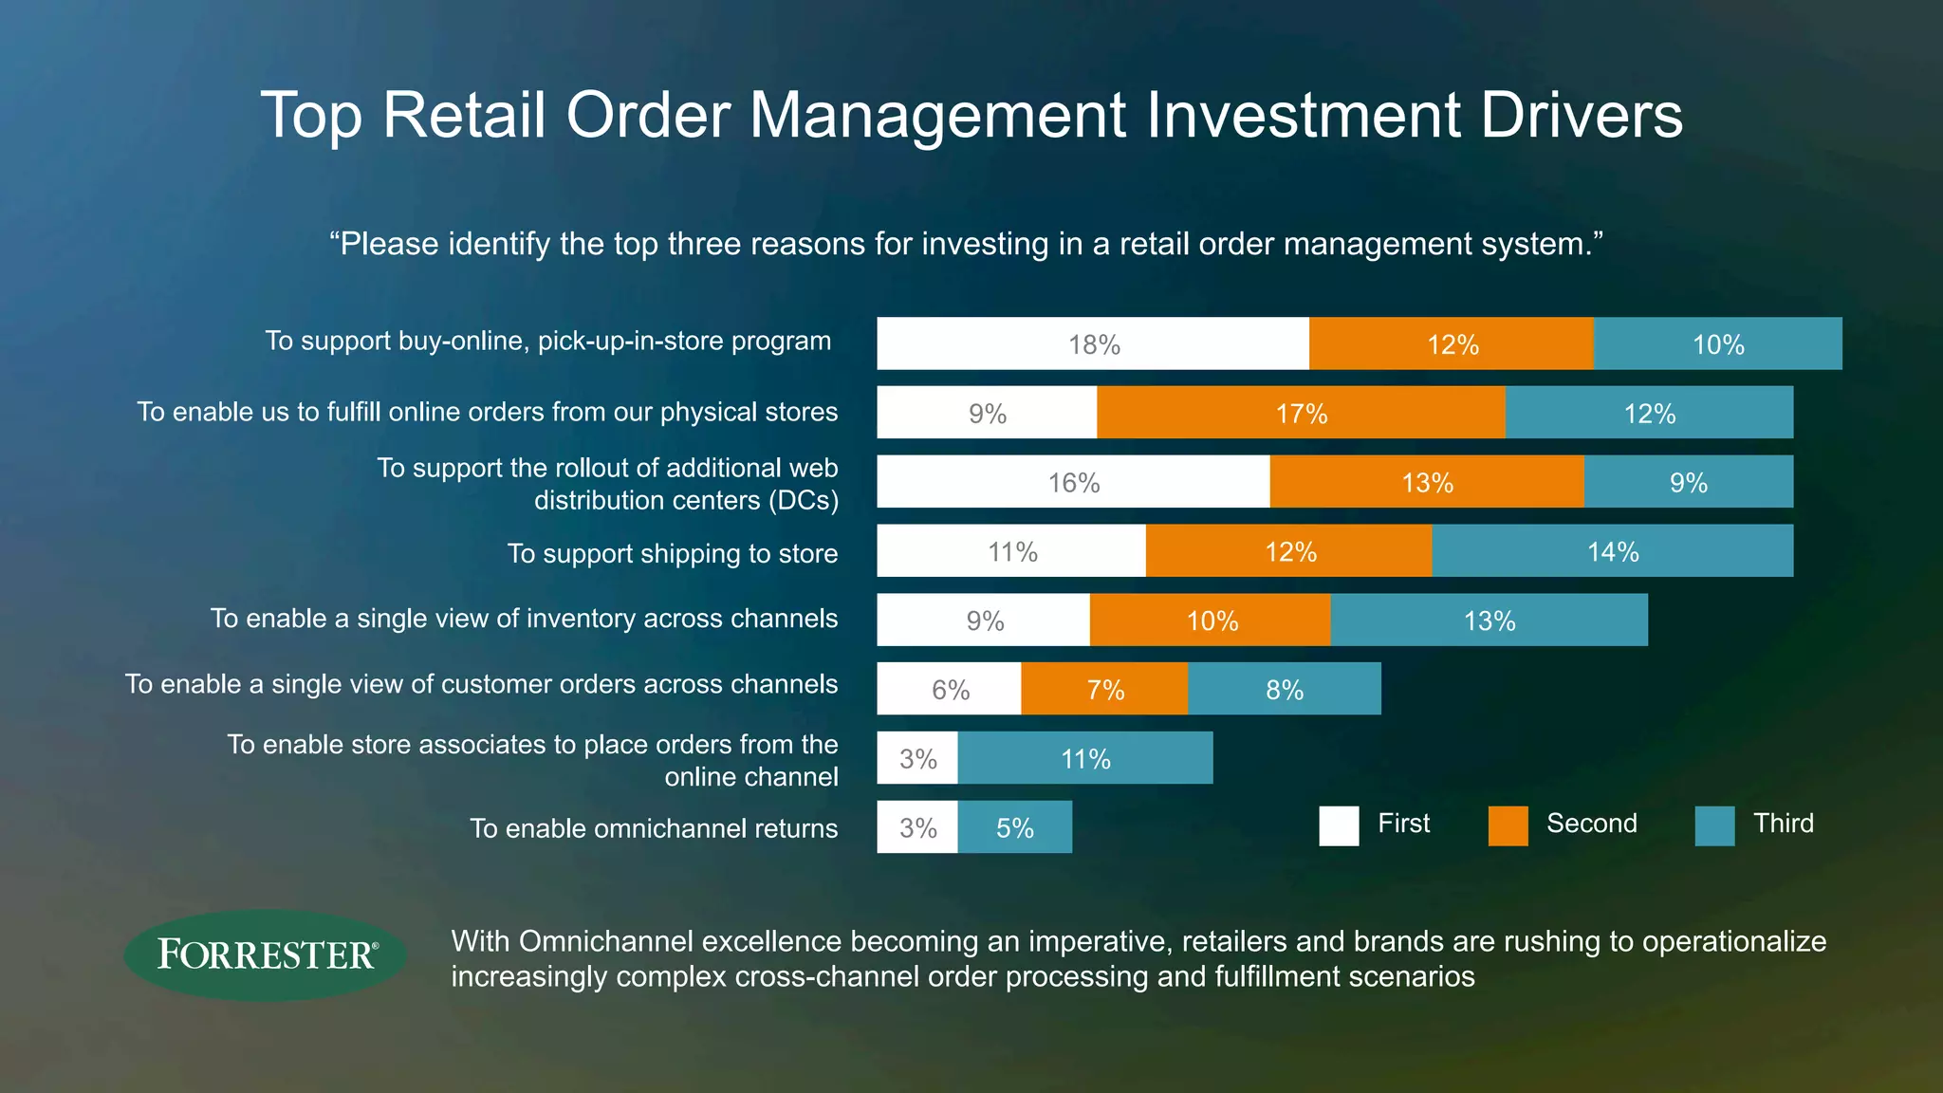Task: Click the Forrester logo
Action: [265, 954]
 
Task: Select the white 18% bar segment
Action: [1093, 343]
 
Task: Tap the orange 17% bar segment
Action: [1301, 413]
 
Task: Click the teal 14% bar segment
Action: [1612, 551]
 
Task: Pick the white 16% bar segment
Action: [1073, 482]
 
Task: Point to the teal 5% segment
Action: [1014, 827]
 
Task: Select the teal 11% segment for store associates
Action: [1084, 758]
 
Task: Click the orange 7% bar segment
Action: [1104, 689]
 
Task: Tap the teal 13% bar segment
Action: [1489, 621]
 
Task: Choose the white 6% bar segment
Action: [949, 689]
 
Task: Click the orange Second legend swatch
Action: [1508, 825]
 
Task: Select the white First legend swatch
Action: [1339, 825]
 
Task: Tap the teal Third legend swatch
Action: [1714, 825]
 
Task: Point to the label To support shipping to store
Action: [672, 553]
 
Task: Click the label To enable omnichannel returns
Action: [654, 828]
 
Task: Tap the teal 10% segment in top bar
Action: [1717, 343]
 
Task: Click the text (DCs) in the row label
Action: [804, 500]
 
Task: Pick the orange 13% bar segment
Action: [1427, 482]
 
